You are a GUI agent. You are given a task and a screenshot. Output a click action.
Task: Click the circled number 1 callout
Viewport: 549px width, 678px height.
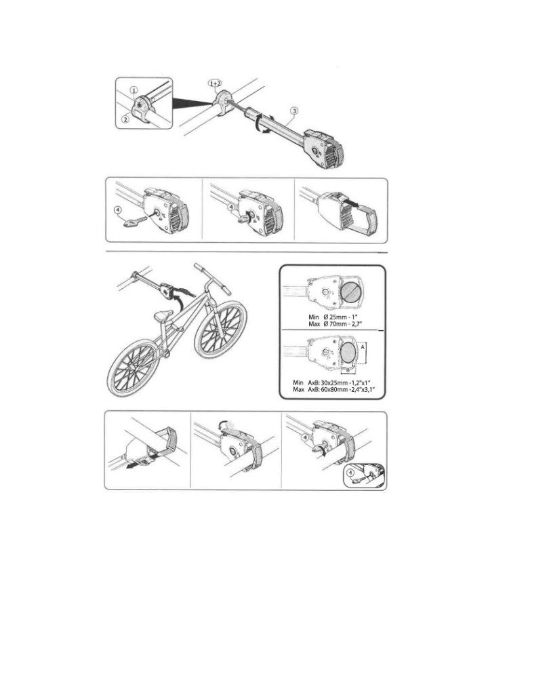click(134, 90)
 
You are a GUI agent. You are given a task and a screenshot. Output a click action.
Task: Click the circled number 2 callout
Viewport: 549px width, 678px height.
click(125, 119)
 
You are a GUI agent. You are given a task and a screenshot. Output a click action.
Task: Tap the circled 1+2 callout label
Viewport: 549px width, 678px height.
click(215, 83)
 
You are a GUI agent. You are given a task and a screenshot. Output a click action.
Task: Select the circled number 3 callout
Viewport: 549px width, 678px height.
click(294, 111)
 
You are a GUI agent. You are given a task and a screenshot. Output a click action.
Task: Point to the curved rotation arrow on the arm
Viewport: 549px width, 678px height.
click(262, 124)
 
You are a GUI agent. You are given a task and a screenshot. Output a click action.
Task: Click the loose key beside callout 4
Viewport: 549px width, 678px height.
click(135, 222)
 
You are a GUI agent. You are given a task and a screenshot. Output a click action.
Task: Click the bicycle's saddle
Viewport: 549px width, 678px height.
click(161, 317)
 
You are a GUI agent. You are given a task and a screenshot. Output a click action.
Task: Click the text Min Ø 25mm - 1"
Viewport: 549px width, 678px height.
click(333, 317)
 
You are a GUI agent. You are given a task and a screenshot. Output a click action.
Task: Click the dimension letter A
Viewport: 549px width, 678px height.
click(362, 346)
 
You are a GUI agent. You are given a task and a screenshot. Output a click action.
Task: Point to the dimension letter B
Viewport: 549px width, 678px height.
click(347, 370)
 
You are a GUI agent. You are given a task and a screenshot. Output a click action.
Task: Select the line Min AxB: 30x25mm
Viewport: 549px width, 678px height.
click(331, 382)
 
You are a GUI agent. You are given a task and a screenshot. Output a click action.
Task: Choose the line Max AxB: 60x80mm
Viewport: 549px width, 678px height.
click(333, 390)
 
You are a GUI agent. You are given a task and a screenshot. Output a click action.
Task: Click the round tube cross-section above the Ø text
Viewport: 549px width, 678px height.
click(352, 292)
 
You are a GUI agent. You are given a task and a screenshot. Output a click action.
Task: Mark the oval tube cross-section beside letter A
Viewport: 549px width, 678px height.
click(349, 353)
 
